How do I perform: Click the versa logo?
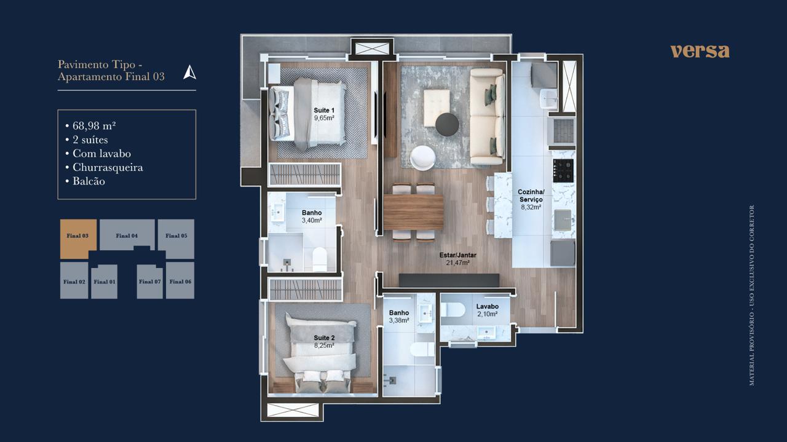(x=700, y=51)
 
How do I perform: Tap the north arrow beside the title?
(x=190, y=73)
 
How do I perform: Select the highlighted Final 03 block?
(x=77, y=239)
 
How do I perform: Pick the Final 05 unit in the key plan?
(x=176, y=239)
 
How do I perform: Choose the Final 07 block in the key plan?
(x=149, y=282)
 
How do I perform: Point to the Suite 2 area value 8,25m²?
(x=324, y=345)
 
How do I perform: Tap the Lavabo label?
(x=488, y=306)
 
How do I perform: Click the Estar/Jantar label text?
(x=458, y=255)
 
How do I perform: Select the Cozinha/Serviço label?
(x=531, y=195)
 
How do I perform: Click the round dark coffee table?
(x=447, y=124)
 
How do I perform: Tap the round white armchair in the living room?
(x=422, y=158)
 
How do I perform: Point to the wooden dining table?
(x=414, y=212)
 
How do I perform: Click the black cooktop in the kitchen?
(x=563, y=170)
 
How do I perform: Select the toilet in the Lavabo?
(x=453, y=310)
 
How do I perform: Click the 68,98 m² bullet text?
(x=94, y=126)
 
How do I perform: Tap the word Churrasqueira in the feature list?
(x=108, y=167)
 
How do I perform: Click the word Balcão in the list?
(x=89, y=181)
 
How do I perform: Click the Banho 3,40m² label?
(x=312, y=216)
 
